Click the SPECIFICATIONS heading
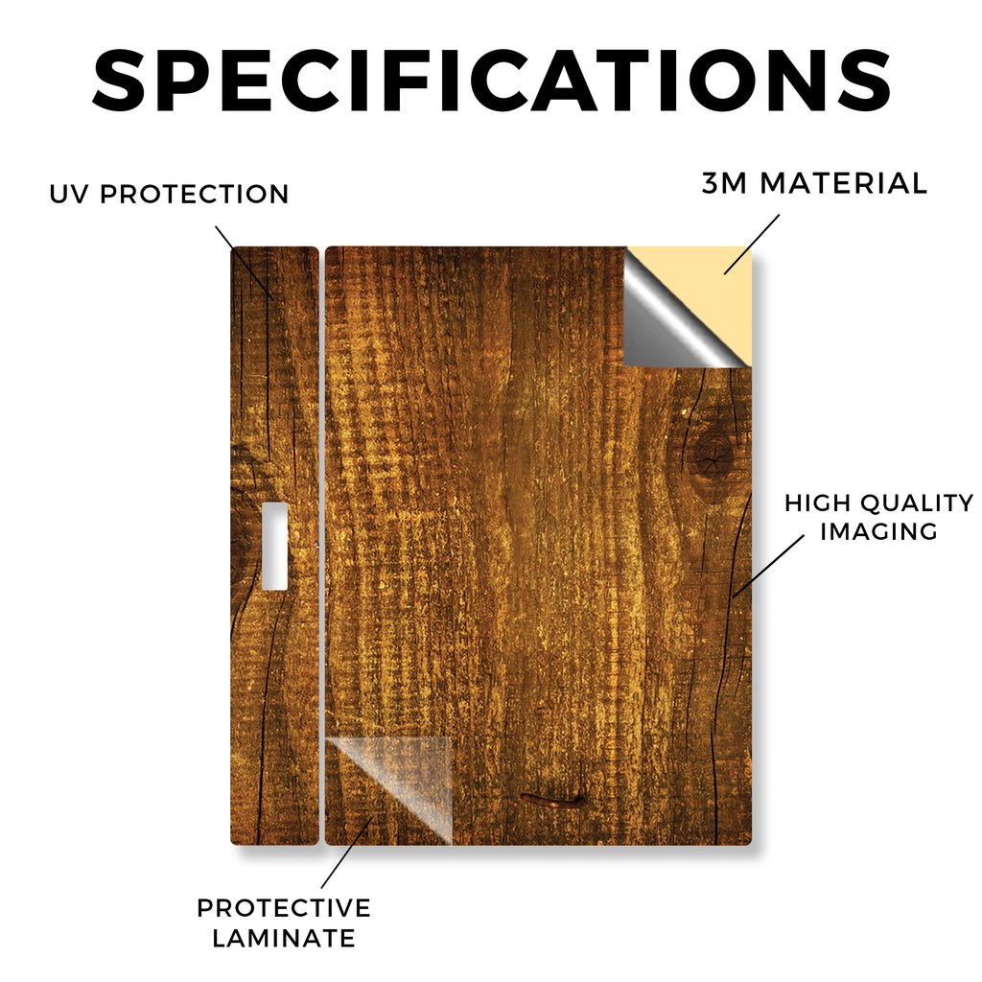(492, 81)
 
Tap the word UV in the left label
(69, 194)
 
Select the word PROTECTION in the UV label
(194, 194)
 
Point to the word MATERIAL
(844, 183)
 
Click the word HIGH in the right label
(817, 503)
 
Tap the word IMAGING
(878, 531)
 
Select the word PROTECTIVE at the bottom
(284, 908)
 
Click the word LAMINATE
(284, 938)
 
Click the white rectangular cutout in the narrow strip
(275, 546)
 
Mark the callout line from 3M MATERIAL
(752, 245)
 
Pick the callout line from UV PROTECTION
(245, 262)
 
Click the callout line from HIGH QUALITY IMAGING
(768, 566)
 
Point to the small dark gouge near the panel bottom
(551, 799)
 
